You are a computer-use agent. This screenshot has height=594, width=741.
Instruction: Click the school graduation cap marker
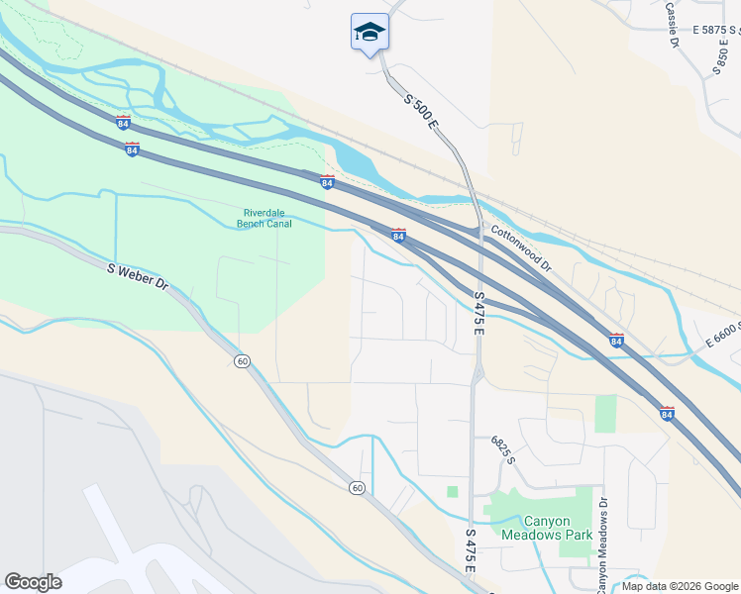370,33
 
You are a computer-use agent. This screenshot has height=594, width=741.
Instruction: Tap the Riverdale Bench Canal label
265,218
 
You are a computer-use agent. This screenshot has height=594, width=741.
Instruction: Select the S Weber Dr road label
138,276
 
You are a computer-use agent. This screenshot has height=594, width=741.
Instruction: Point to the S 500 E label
421,111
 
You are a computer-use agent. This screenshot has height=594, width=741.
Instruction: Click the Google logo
33,582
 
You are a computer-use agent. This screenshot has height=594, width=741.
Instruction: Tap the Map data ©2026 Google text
679,586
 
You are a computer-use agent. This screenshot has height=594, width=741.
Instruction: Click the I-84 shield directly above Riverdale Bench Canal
327,182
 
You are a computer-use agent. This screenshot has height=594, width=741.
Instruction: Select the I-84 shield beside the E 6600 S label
616,340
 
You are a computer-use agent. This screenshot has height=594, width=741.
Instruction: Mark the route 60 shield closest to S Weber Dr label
242,360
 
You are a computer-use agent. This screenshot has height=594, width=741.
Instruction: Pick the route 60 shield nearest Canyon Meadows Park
357,487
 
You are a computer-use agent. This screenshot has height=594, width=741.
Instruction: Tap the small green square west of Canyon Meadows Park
453,491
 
